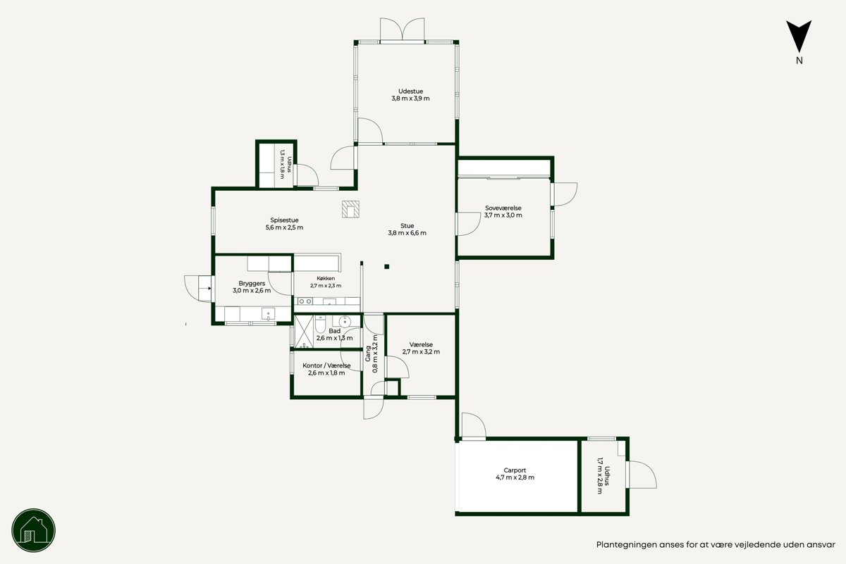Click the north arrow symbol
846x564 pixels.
pyautogui.click(x=799, y=36)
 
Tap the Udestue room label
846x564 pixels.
pyautogui.click(x=410, y=92)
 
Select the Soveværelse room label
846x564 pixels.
pyautogui.click(x=503, y=208)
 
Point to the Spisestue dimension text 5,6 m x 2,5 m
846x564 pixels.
pyautogui.click(x=284, y=227)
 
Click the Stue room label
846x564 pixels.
pyautogui.click(x=407, y=225)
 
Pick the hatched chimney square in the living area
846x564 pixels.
pyautogui.click(x=350, y=209)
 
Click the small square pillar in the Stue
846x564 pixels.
pyautogui.click(x=387, y=267)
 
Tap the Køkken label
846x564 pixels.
pyautogui.click(x=326, y=278)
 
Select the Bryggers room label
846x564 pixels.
pyautogui.click(x=252, y=283)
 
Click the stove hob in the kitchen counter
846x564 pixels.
pyautogui.click(x=305, y=301)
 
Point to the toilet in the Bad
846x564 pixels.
pyautogui.click(x=320, y=324)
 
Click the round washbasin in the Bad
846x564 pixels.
pyautogui.click(x=345, y=322)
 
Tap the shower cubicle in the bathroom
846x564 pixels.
pyautogui.click(x=304, y=332)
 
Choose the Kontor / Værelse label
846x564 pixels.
pyautogui.click(x=326, y=365)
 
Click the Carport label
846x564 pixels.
pyautogui.click(x=515, y=470)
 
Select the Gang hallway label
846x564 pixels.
pyautogui.click(x=368, y=354)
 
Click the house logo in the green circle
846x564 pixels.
pyautogui.click(x=34, y=530)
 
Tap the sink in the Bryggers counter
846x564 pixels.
pyautogui.click(x=268, y=314)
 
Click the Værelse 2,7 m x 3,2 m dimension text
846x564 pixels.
pyautogui.click(x=421, y=352)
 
